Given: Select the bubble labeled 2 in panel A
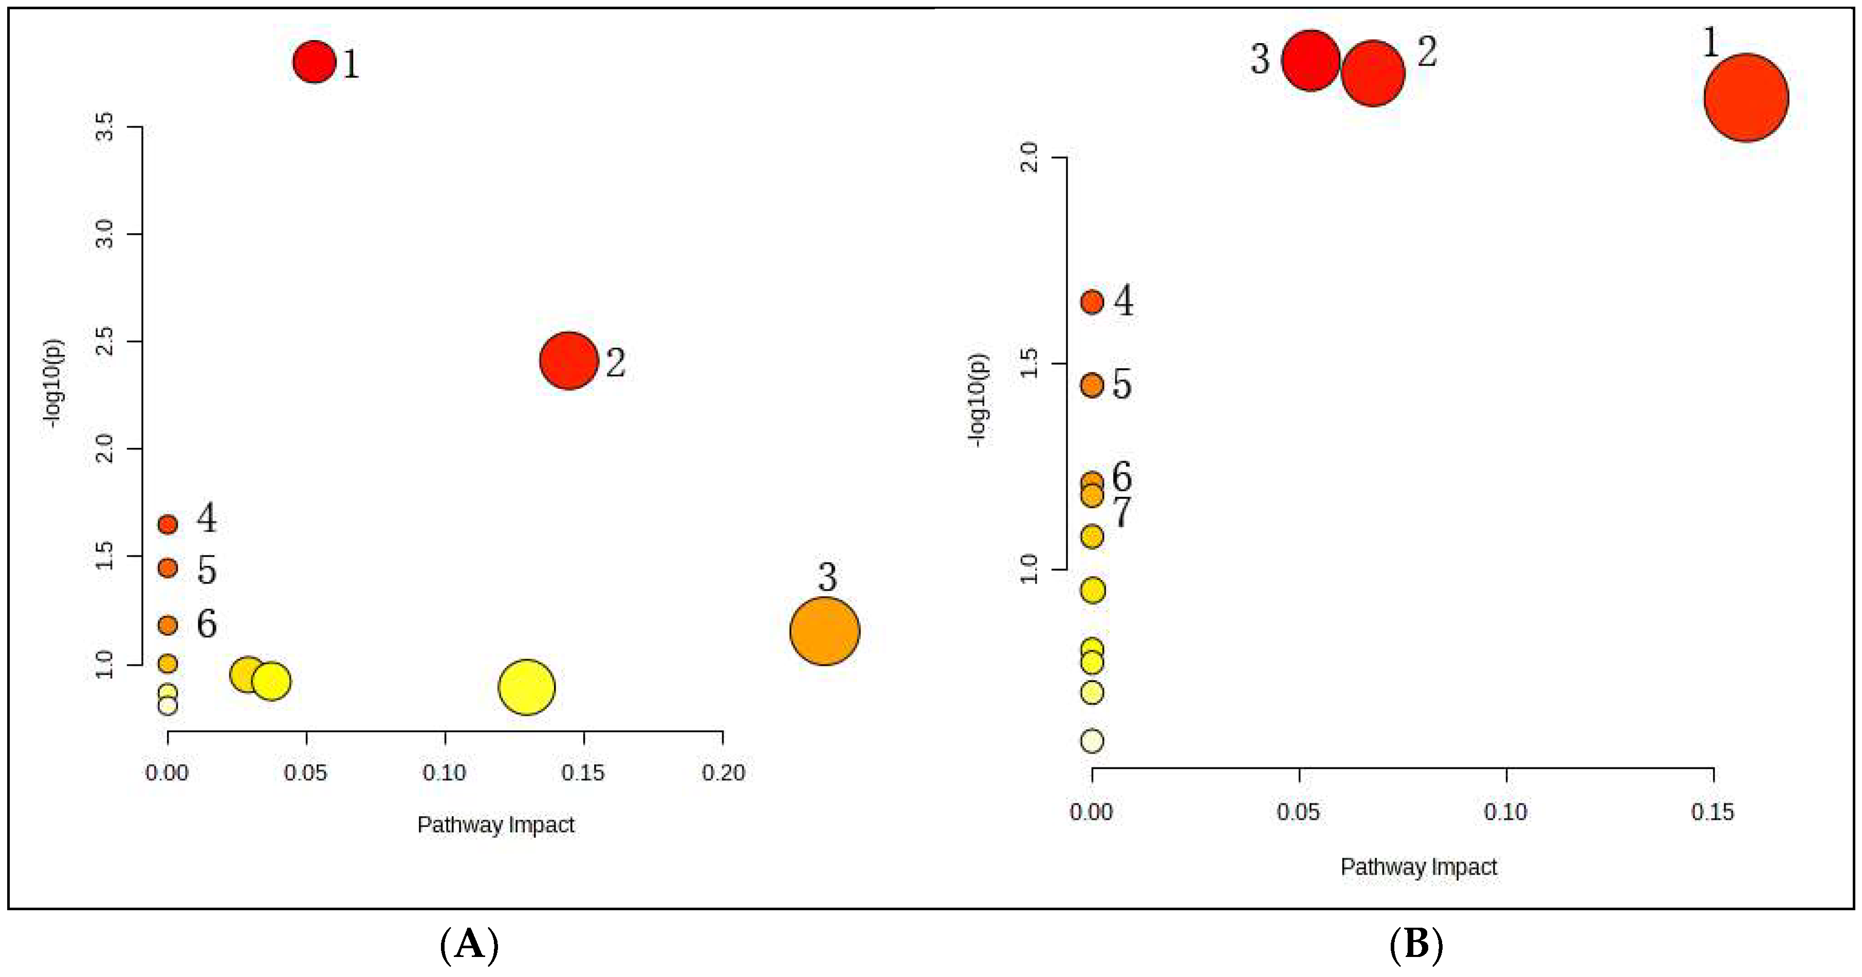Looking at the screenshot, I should [569, 360].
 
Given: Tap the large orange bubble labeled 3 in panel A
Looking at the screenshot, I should [824, 631].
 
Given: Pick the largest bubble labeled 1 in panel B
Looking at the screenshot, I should [1746, 98].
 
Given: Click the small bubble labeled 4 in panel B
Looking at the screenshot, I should [1092, 302].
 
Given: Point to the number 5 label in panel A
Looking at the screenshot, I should [207, 570].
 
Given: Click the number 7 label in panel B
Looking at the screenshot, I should [1121, 512].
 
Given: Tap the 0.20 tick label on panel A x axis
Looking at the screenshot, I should [723, 773].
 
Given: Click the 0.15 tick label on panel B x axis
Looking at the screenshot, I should [1712, 812].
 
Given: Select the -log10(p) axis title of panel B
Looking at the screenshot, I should [978, 400].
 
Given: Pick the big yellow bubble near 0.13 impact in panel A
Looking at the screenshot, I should [526, 686].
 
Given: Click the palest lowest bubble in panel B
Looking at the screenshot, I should [1092, 741].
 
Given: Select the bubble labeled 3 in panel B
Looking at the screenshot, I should [1310, 61].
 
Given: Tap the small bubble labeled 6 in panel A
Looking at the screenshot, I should [168, 624].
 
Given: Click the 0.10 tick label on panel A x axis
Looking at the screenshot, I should [445, 773].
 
